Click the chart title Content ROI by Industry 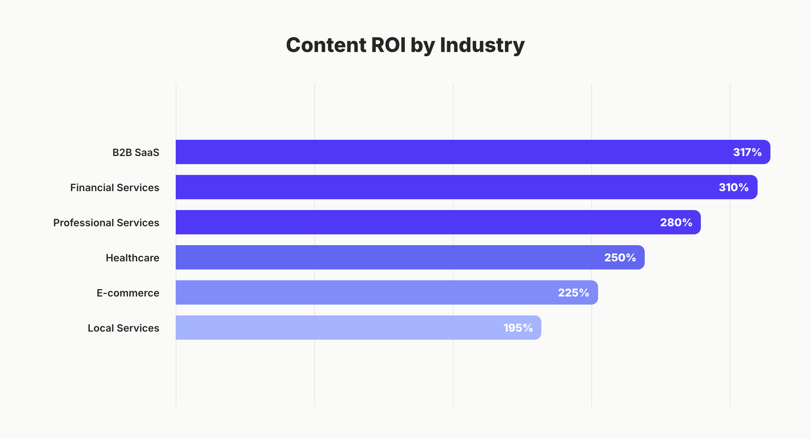click(405, 45)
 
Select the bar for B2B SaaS click(439, 152)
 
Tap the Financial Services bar click(439, 187)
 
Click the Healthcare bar click(389, 257)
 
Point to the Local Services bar click(338, 328)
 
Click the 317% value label click(747, 152)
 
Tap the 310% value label click(734, 187)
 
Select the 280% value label click(676, 223)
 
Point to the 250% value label click(620, 258)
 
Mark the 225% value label click(573, 293)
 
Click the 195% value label click(518, 328)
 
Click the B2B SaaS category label click(136, 153)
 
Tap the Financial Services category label click(115, 188)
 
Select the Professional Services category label click(106, 223)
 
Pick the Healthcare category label click(132, 258)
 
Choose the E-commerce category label click(128, 293)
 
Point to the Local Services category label click(123, 328)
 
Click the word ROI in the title click(388, 45)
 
